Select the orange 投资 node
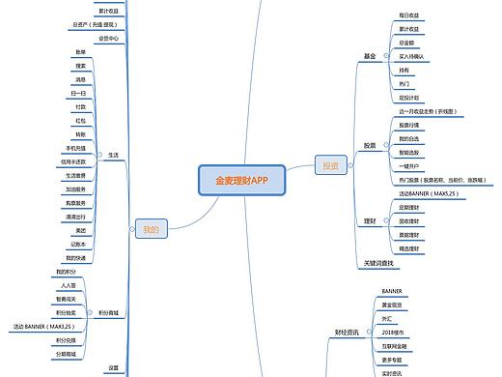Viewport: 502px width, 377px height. coord(330,165)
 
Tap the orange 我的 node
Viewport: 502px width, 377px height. coord(150,229)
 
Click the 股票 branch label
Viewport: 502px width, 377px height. coord(370,146)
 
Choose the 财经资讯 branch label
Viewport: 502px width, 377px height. coord(347,332)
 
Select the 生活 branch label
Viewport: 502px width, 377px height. coord(113,155)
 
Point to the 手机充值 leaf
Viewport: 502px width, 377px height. coord(76,148)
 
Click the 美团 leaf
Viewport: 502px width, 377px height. coord(79,231)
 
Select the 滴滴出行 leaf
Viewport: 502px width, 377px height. coord(76,217)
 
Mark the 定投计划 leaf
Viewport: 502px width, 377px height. coord(409,98)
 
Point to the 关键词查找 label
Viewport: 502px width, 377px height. coord(377,263)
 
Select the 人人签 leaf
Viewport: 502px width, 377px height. coord(68,286)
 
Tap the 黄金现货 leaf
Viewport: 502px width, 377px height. coord(392,304)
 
